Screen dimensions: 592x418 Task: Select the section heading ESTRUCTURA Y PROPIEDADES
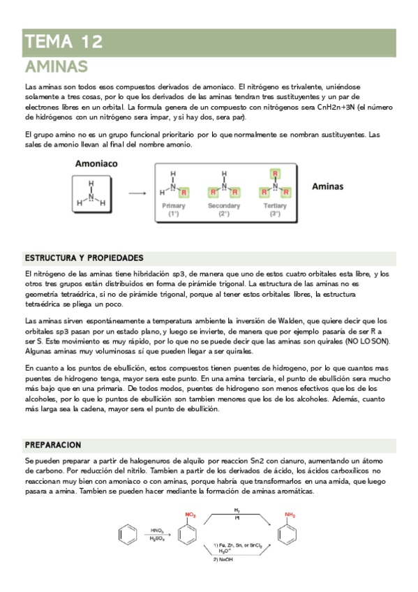tap(84, 258)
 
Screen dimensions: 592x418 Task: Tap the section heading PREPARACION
tap(53, 445)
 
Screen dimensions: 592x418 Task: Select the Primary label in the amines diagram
tap(173, 206)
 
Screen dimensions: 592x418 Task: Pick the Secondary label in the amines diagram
tap(223, 206)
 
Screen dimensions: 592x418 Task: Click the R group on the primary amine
tap(184, 191)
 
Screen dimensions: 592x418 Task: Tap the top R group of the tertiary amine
tap(275, 173)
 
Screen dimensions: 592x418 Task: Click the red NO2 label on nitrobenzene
tap(190, 515)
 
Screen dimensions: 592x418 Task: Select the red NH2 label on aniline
tap(290, 515)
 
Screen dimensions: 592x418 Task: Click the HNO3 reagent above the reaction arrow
tap(157, 531)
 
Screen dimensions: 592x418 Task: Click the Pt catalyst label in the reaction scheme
tap(237, 519)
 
